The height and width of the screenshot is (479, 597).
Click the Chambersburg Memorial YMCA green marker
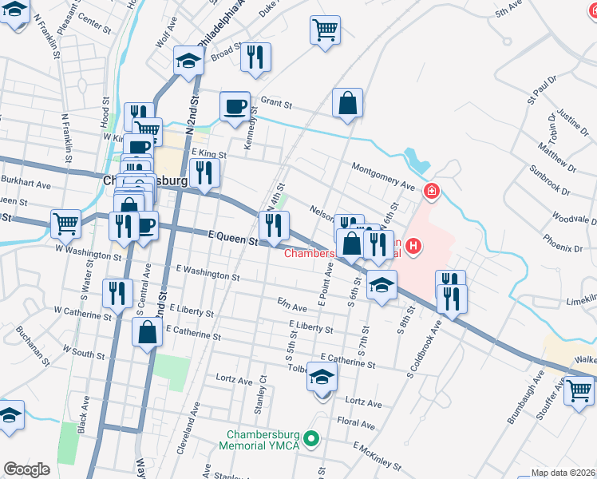(312, 439)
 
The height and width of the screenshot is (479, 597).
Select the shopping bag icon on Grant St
(348, 103)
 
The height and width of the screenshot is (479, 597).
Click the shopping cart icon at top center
(325, 30)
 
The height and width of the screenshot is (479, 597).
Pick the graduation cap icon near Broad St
(188, 61)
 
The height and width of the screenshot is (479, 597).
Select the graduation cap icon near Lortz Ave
(322, 378)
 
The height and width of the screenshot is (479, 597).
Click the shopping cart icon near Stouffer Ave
(579, 391)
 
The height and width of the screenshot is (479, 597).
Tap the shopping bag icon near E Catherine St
(148, 333)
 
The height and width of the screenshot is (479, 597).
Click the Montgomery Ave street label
(385, 176)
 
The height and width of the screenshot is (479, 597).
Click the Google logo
(26, 469)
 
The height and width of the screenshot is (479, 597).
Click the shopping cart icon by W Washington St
(65, 223)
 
